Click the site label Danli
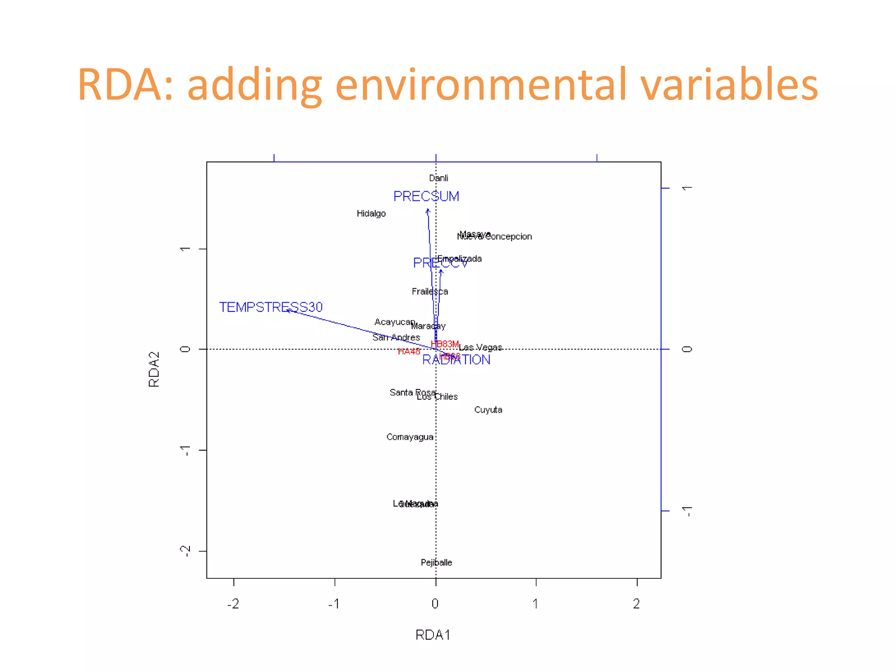pos(438,178)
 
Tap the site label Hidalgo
pos(371,213)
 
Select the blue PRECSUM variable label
pos(426,196)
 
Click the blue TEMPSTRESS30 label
pos(271,307)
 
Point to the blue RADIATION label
pos(456,360)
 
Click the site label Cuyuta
pos(488,410)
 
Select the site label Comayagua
pos(410,437)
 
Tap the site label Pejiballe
pos(436,563)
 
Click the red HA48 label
pos(409,351)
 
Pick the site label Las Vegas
pos(480,347)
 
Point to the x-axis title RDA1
pos(433,635)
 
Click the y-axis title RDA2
pos(154,369)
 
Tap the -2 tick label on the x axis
pos(233,604)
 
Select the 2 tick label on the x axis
pos(637,604)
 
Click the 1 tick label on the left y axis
pos(185,249)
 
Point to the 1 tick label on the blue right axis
pos(687,188)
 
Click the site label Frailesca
pos(430,291)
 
